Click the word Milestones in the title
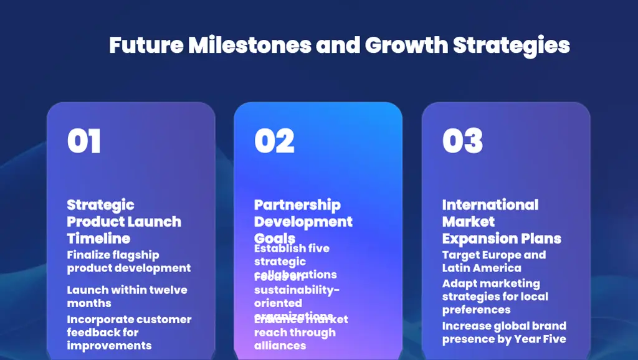click(x=249, y=45)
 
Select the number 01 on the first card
click(x=83, y=141)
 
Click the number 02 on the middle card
click(x=274, y=141)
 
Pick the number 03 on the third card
click(x=462, y=141)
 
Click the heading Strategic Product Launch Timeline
click(x=124, y=222)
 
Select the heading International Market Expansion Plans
click(x=501, y=222)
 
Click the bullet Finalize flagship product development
click(x=128, y=262)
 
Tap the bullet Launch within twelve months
click(x=126, y=296)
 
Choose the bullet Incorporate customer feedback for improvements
click(x=129, y=333)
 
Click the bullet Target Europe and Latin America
click(x=493, y=262)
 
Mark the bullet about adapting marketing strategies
click(x=495, y=296)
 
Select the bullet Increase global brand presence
click(x=503, y=333)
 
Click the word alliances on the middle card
click(x=280, y=346)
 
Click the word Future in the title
click(x=146, y=45)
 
